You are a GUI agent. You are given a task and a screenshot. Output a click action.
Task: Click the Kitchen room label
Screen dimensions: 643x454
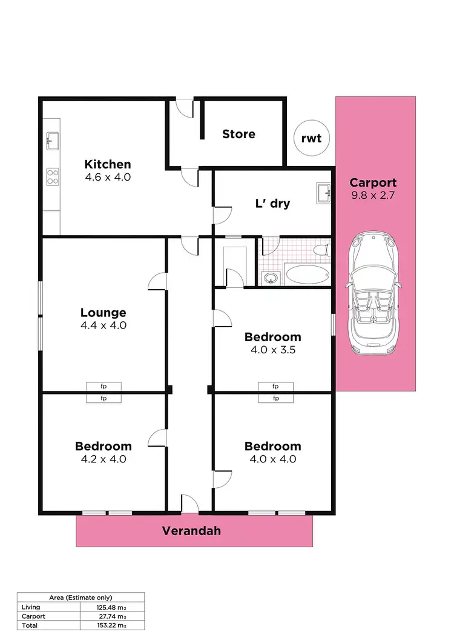click(107, 164)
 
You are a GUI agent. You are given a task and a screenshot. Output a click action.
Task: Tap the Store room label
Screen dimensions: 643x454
click(239, 134)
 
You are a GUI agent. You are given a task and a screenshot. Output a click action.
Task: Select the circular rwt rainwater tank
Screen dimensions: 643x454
click(311, 138)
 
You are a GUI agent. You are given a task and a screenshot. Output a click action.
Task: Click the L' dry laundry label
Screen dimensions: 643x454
click(272, 204)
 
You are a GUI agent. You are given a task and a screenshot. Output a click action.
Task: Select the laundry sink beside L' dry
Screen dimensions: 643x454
click(322, 193)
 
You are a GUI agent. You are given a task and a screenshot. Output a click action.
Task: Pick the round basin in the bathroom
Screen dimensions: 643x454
click(270, 278)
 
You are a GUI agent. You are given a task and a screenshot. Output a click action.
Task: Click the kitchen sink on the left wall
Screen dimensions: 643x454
click(51, 141)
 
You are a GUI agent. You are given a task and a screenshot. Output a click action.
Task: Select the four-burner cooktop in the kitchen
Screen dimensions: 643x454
click(53, 176)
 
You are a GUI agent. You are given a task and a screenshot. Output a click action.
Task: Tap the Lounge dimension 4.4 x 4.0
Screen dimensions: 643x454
click(104, 325)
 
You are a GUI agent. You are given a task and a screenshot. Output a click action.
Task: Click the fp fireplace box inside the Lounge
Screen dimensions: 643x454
click(104, 386)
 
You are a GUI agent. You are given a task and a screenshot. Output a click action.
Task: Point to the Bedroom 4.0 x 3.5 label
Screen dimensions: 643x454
click(272, 337)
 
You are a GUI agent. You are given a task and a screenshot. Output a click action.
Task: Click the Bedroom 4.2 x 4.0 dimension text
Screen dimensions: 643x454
click(104, 459)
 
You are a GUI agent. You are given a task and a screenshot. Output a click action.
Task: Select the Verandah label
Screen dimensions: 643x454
click(191, 531)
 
